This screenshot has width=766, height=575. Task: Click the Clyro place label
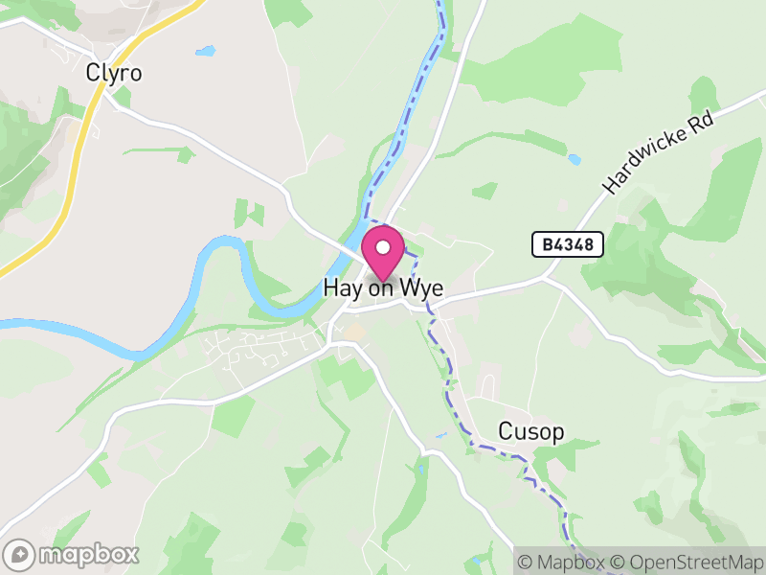[113, 72]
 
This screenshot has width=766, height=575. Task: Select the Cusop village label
[531, 432]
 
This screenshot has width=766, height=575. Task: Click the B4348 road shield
[568, 245]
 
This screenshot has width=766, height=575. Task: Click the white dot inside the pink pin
[384, 247]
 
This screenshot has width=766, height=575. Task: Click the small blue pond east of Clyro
[204, 51]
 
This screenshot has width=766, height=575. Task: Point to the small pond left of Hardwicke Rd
[574, 159]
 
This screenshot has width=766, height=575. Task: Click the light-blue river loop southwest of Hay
[220, 259]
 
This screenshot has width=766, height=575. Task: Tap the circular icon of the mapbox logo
[19, 554]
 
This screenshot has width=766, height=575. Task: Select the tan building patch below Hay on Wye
[355, 333]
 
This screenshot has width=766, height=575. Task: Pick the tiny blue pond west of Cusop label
[439, 436]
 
